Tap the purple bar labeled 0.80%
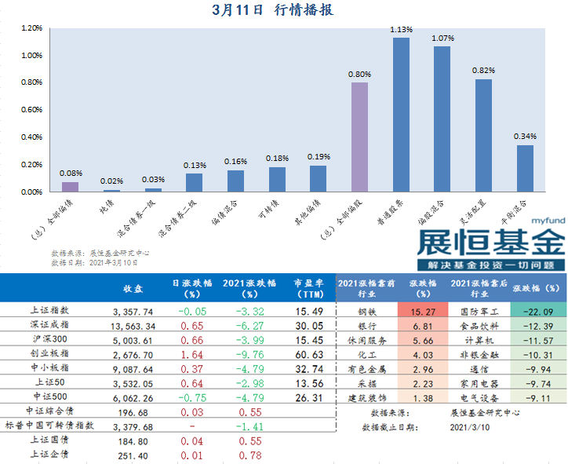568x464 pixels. pyautogui.click(x=359, y=137)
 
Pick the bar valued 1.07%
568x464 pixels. pyautogui.click(x=442, y=119)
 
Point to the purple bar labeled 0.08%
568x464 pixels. pyautogui.click(x=71, y=187)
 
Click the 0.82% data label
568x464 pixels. pyautogui.click(x=483, y=70)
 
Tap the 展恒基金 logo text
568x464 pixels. pyautogui.click(x=490, y=243)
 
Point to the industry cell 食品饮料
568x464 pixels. pyautogui.click(x=477, y=326)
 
